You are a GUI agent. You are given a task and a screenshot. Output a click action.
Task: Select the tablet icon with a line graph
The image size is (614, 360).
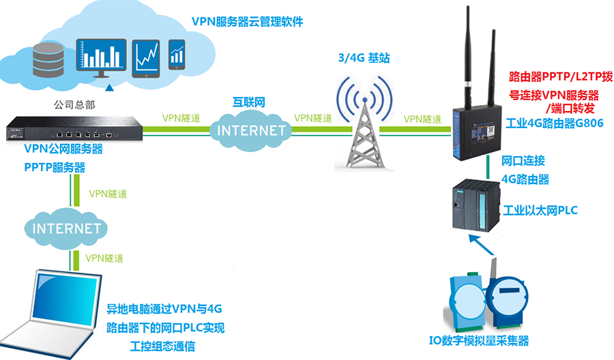coord(146,57)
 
